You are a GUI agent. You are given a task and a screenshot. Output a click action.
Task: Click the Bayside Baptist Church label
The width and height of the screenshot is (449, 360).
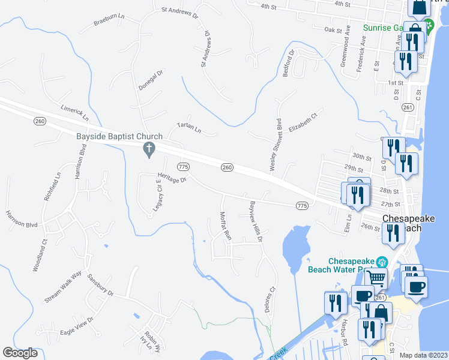pyautogui.click(x=115, y=136)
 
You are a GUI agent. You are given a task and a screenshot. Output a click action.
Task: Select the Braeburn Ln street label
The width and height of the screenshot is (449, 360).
pyautogui.click(x=109, y=21)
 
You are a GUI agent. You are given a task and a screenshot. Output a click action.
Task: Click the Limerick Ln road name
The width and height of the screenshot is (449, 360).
pyautogui.click(x=74, y=112)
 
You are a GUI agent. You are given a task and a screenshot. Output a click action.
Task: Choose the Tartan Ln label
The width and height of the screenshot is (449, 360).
pyautogui.click(x=188, y=128)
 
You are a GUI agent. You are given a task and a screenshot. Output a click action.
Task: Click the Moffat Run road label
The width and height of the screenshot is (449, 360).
pyautogui.click(x=226, y=226)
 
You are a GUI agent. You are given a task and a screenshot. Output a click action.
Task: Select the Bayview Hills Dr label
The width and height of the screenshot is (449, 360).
pyautogui.click(x=256, y=221)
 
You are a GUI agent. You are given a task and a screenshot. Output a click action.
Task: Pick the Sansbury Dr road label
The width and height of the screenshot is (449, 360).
pyautogui.click(x=100, y=285)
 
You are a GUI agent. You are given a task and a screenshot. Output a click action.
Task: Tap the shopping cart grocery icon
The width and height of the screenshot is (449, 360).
pyautogui.click(x=377, y=277)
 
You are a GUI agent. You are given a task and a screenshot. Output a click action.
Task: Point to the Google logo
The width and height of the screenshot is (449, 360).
pyautogui.click(x=20, y=353)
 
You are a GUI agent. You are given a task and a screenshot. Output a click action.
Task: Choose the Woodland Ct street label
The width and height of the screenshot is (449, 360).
pyautogui.click(x=40, y=256)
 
